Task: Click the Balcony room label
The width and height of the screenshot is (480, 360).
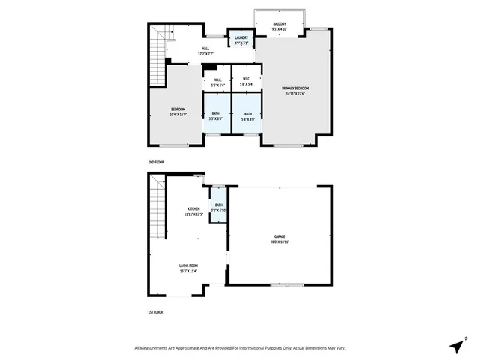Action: [x=279, y=25]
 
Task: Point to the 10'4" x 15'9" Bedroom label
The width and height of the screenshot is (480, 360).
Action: [x=178, y=112]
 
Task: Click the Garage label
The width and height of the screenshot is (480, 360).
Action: [x=280, y=240]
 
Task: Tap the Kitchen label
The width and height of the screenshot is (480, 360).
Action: [x=193, y=211]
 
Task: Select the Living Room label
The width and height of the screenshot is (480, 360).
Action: [x=187, y=268]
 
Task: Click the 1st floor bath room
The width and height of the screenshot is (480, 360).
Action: [x=219, y=208]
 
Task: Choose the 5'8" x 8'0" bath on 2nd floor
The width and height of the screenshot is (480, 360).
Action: [x=247, y=116]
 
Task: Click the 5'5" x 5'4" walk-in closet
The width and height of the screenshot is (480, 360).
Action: [x=217, y=82]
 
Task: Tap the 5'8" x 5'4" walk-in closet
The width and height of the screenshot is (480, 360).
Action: [x=245, y=82]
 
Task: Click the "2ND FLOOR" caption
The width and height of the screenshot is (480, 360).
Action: [x=156, y=162]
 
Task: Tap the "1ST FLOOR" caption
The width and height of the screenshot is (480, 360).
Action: [x=155, y=311]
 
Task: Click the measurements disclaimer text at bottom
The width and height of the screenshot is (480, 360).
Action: [x=239, y=347]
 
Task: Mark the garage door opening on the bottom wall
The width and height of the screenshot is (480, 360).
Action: [x=287, y=284]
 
